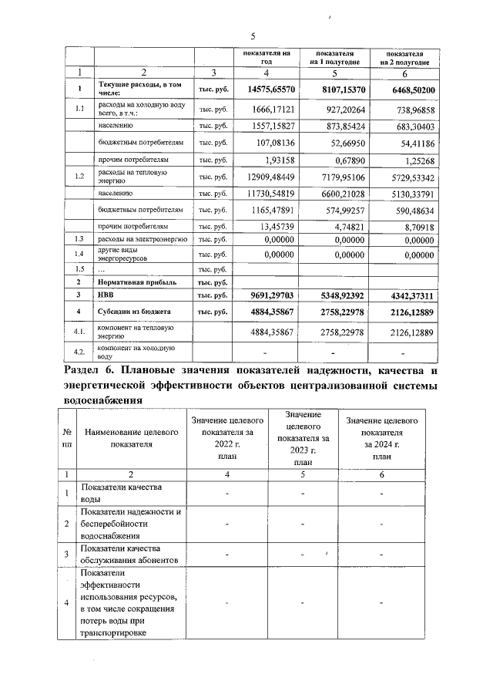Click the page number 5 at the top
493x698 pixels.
tap(253, 36)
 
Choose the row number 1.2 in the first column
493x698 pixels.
tap(79, 177)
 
